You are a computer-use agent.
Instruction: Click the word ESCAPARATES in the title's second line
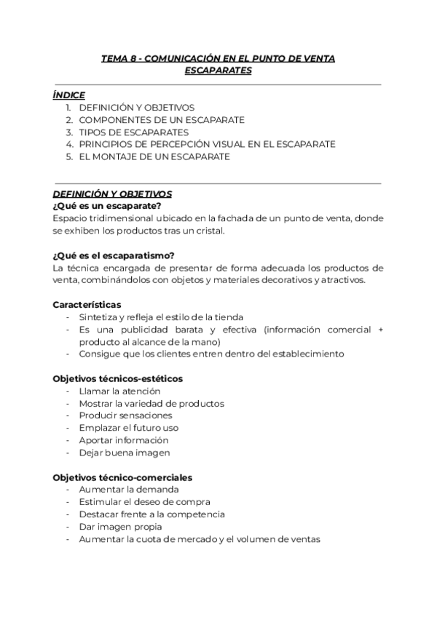(x=218, y=71)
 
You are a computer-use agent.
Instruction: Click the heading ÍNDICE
(x=69, y=95)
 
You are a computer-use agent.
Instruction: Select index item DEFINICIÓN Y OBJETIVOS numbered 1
(x=136, y=107)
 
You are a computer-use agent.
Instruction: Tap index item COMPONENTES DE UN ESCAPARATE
(x=161, y=119)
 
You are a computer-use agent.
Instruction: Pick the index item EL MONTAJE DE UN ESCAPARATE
(x=154, y=156)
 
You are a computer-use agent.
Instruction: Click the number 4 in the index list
(x=68, y=144)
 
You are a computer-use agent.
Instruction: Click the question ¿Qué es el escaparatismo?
(x=113, y=255)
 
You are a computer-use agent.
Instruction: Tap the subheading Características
(x=87, y=304)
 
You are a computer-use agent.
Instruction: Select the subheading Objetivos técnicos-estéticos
(x=118, y=378)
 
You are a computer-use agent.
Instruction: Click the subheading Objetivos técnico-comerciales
(x=122, y=477)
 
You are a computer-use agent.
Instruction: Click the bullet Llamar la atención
(x=114, y=391)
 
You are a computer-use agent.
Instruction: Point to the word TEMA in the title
(x=113, y=58)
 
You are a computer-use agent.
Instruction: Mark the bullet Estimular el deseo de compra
(x=144, y=502)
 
